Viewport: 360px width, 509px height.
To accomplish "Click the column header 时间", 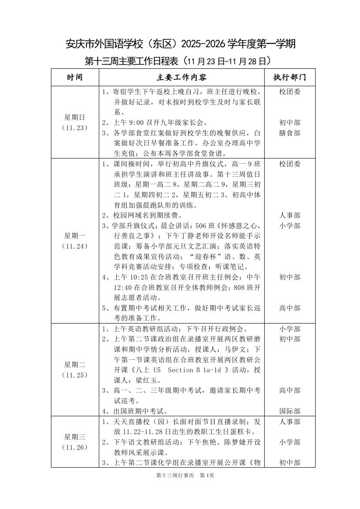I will (75, 78).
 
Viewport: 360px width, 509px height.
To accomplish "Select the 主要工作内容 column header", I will (182, 78).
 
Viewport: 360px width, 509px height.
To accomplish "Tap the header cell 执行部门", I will (289, 78).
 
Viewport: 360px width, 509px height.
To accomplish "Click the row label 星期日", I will (75, 117).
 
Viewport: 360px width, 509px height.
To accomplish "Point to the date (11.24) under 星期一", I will (75, 246).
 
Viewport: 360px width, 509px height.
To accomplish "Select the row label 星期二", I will (75, 364).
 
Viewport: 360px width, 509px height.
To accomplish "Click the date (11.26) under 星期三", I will (75, 447).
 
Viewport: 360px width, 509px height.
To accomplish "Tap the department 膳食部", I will (289, 133).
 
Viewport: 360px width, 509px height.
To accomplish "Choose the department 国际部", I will (289, 411).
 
